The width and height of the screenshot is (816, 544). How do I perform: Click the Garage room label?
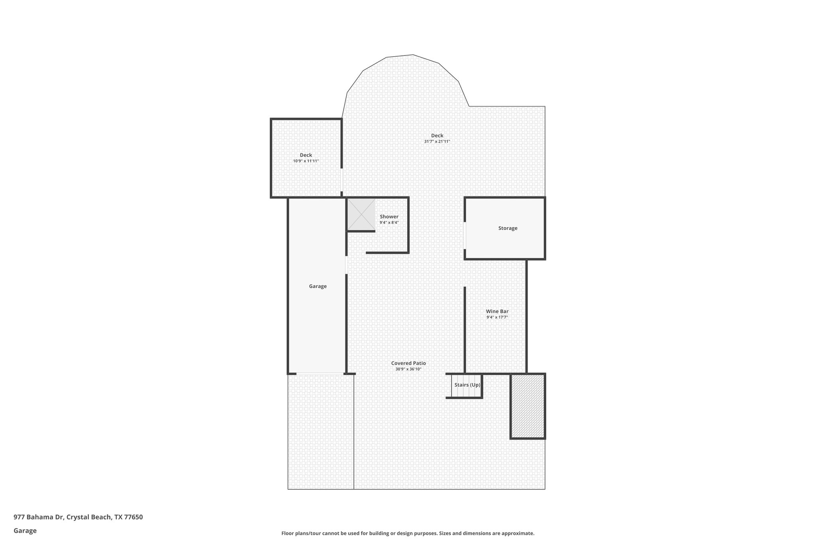point(318,286)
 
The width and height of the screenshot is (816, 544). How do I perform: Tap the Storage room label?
point(508,228)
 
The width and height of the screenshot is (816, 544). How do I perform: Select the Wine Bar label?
point(497,311)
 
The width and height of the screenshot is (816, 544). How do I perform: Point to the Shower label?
point(389,217)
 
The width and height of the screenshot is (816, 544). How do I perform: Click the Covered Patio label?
point(408,363)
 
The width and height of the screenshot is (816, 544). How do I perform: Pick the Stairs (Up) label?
point(467,385)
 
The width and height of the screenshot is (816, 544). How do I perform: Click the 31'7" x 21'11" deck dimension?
point(437,141)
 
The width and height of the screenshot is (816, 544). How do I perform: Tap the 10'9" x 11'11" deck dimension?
point(306,161)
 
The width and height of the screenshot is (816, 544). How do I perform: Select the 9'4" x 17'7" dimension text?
point(497,317)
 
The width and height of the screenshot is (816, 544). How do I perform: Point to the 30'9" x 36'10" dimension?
point(408,369)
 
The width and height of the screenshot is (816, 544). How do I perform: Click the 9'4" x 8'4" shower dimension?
point(389,223)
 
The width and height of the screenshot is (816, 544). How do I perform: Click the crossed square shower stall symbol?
point(361,214)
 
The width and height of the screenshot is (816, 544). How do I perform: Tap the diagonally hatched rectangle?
point(528,406)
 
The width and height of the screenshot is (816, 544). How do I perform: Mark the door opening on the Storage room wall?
point(465,235)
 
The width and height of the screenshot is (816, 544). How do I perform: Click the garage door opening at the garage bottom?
point(320,373)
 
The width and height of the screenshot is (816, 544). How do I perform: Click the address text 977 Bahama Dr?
point(39,517)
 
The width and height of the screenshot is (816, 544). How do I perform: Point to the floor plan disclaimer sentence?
point(408,533)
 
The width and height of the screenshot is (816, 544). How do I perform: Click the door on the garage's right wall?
point(346,265)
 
